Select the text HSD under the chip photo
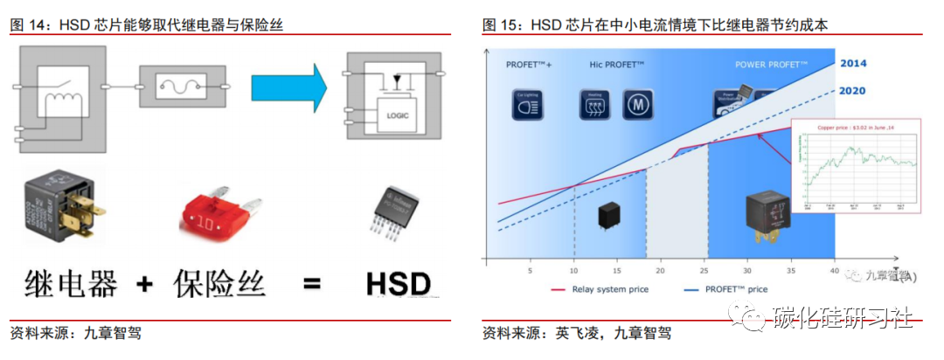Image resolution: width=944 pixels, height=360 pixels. point(398,285)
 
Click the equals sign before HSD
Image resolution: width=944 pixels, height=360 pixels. point(311,285)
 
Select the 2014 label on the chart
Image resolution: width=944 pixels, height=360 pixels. point(853,64)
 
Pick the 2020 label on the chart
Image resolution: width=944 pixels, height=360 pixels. point(853,90)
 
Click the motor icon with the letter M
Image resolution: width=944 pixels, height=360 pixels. point(638,105)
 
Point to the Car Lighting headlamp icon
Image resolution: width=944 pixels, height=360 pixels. point(528,105)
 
